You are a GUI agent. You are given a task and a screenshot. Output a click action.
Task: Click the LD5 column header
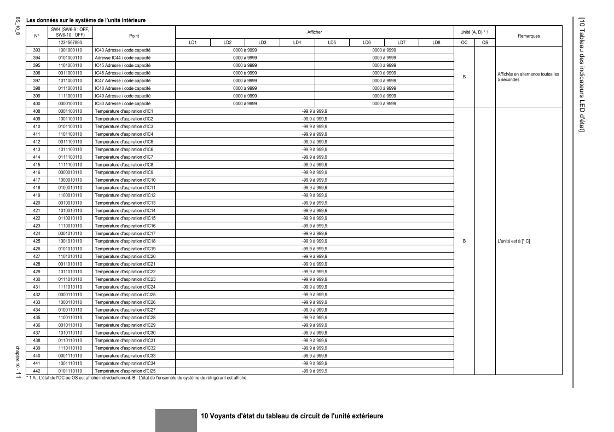(x=332, y=42)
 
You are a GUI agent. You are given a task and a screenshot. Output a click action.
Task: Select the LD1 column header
(x=192, y=42)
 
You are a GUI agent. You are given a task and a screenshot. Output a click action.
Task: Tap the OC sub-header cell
(x=464, y=42)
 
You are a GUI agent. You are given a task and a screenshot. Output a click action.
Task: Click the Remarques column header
(x=529, y=36)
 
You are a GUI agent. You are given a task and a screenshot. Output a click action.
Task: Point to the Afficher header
(x=314, y=32)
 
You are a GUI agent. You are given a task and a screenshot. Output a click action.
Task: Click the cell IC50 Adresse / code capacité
(x=123, y=103)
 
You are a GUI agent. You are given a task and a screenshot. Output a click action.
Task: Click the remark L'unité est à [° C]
(x=514, y=241)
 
